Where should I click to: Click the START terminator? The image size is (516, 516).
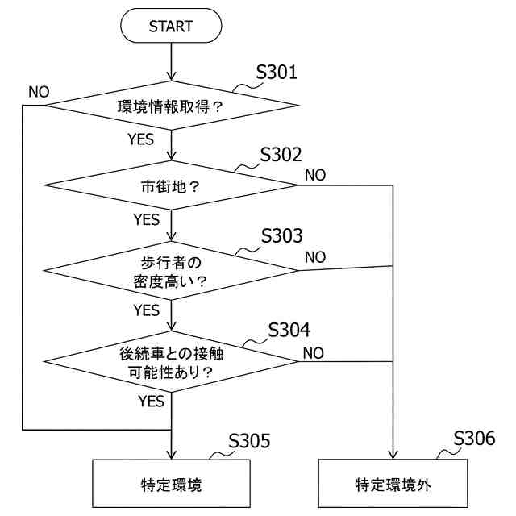coord(171,27)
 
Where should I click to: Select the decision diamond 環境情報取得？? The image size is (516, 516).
coord(171,105)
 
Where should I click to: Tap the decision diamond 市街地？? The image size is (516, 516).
coord(171,185)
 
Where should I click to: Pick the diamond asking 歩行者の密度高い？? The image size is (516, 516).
coord(171,271)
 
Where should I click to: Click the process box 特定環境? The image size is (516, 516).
coord(171,485)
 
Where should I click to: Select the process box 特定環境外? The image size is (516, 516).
coord(393,485)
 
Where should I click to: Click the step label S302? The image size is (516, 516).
coord(281,155)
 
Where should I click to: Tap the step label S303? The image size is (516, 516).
coord(282,236)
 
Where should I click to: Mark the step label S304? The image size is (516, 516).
coord(289,330)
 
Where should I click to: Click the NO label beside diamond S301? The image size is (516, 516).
coord(39,91)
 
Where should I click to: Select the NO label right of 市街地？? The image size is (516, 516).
coord(315,174)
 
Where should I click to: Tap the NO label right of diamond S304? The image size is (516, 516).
coord(314,352)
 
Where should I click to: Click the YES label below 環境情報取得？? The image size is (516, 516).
coord(140,139)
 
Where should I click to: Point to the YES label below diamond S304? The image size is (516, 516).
coord(151,400)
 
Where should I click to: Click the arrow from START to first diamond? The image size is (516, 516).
coord(171,60)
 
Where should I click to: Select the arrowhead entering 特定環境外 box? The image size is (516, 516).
coord(393,455)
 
